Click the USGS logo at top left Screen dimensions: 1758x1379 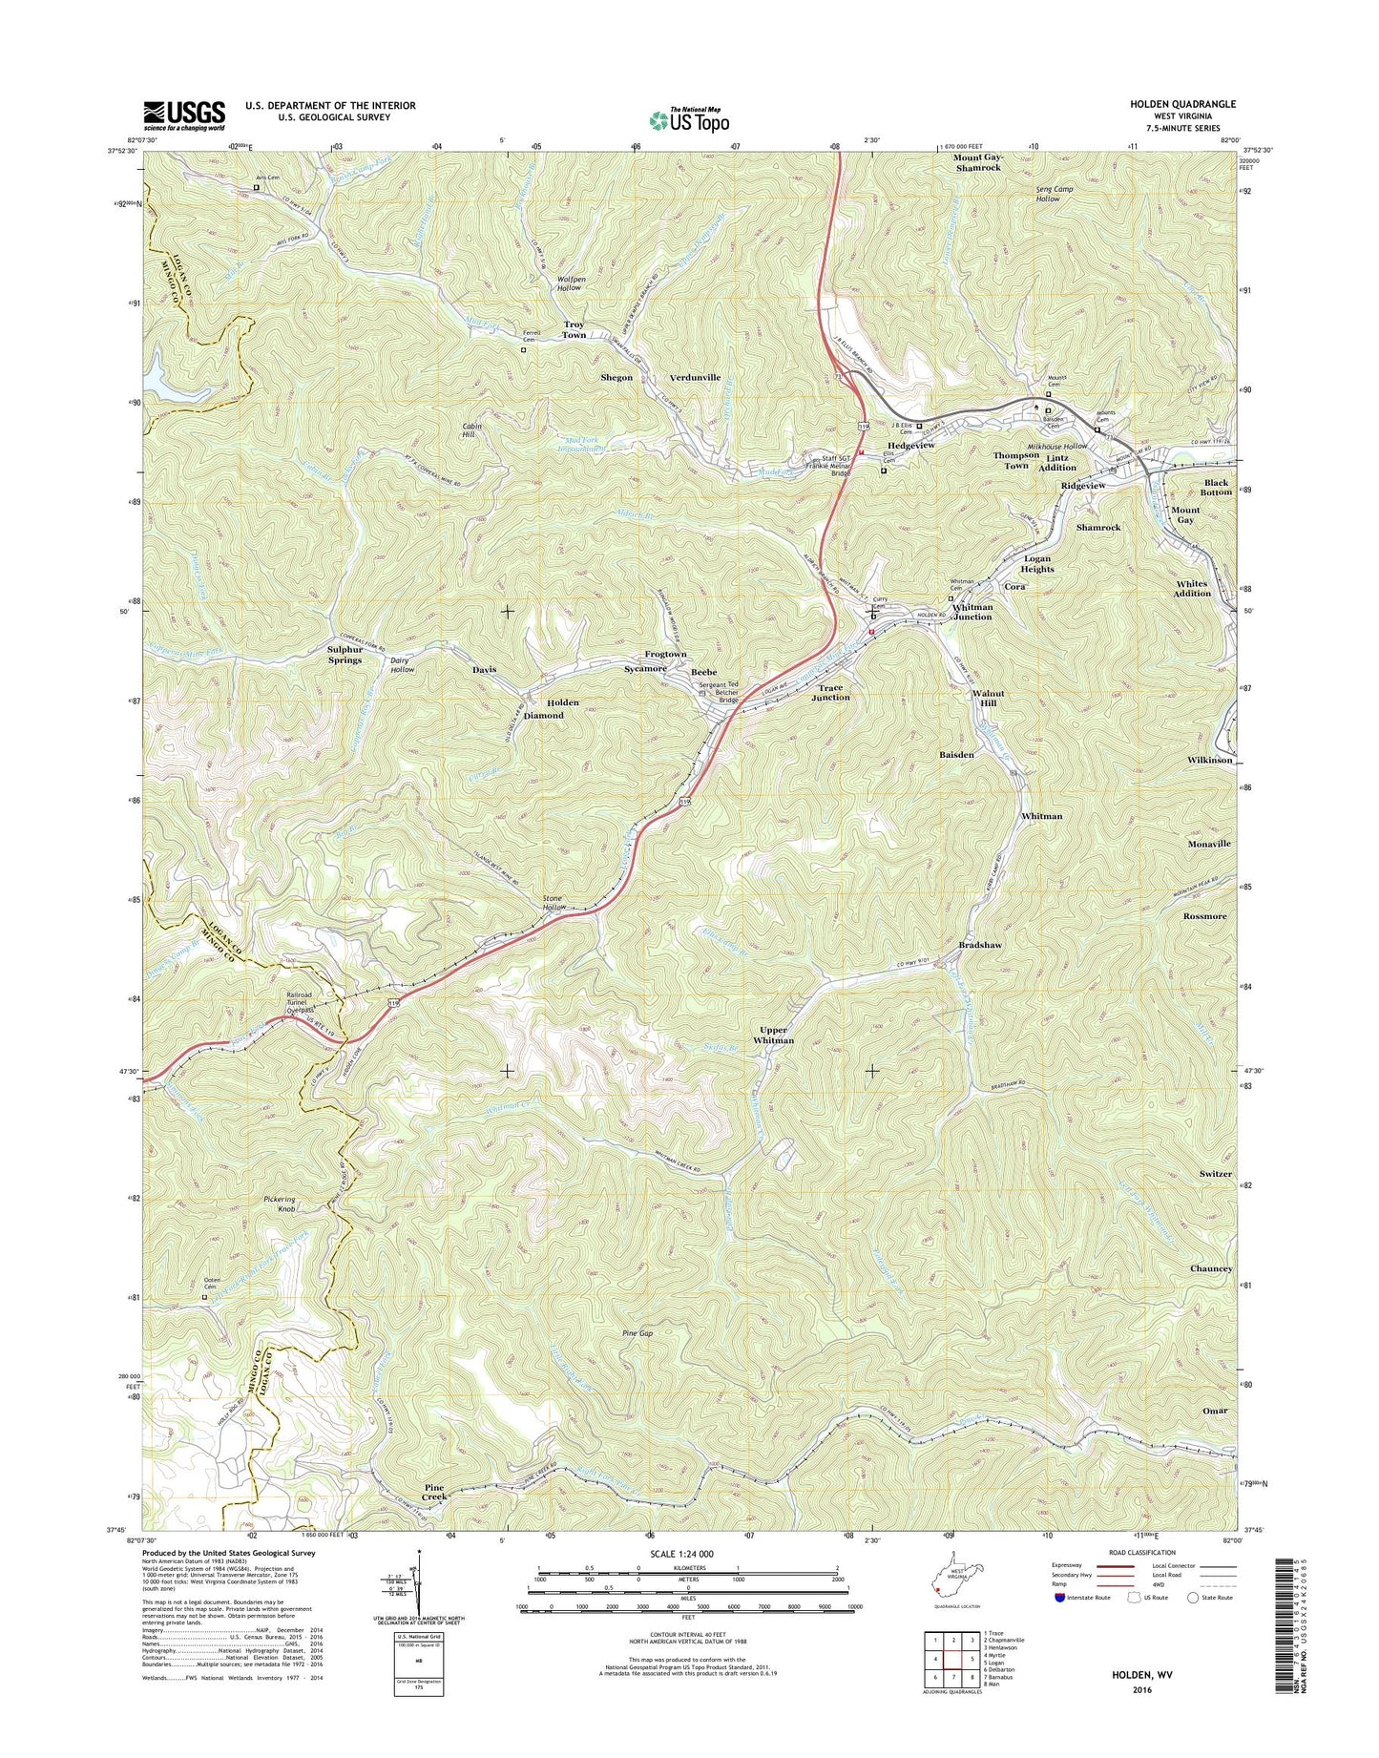click(184, 115)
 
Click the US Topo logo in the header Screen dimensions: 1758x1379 click(689, 119)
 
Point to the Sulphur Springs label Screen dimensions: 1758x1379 click(345, 654)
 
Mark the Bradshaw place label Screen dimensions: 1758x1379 click(980, 945)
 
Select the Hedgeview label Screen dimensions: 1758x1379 click(910, 446)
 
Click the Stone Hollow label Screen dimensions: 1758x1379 click(554, 903)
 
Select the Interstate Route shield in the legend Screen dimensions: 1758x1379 click(1060, 1597)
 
